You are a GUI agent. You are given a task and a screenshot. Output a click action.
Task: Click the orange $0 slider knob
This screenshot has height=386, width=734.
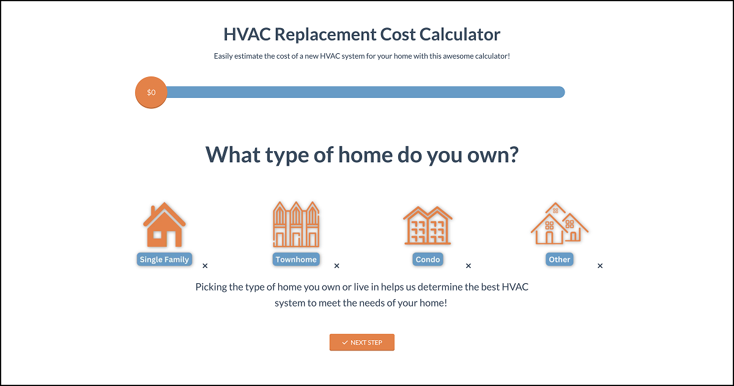[x=151, y=92]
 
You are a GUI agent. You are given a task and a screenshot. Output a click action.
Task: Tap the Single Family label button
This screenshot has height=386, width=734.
[x=164, y=259]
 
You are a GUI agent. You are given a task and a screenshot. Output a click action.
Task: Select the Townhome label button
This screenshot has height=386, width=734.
[x=296, y=259]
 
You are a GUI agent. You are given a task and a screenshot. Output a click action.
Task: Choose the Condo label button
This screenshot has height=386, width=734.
[x=428, y=259]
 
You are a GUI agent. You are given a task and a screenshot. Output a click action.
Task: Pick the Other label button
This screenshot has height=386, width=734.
[x=559, y=259]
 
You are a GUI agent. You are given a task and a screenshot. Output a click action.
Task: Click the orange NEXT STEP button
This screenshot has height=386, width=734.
[x=361, y=343]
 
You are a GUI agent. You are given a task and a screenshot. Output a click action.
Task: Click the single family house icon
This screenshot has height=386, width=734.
[x=164, y=225]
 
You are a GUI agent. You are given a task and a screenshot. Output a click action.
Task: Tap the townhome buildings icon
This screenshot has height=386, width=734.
[x=296, y=224]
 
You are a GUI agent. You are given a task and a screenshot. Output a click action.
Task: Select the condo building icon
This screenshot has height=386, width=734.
[x=428, y=226]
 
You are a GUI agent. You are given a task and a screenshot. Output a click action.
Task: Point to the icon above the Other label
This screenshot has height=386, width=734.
[x=559, y=223]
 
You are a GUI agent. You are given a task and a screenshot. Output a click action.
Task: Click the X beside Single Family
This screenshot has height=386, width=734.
[x=205, y=265]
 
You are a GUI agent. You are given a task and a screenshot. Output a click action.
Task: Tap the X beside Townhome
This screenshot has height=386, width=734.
[x=337, y=265]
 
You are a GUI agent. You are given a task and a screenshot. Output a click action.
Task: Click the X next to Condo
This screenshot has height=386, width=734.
[x=469, y=265]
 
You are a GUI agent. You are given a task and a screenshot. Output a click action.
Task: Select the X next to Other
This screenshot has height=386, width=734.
[x=600, y=265]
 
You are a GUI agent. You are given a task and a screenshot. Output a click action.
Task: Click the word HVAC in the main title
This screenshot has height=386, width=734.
[x=247, y=34]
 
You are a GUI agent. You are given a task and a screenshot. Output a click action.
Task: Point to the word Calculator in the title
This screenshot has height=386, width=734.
[x=460, y=34]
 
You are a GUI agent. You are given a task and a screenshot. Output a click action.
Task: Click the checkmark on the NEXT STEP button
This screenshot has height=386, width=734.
[x=345, y=343]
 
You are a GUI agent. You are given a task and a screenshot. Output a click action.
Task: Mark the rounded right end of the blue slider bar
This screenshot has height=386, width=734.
[x=562, y=92]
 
